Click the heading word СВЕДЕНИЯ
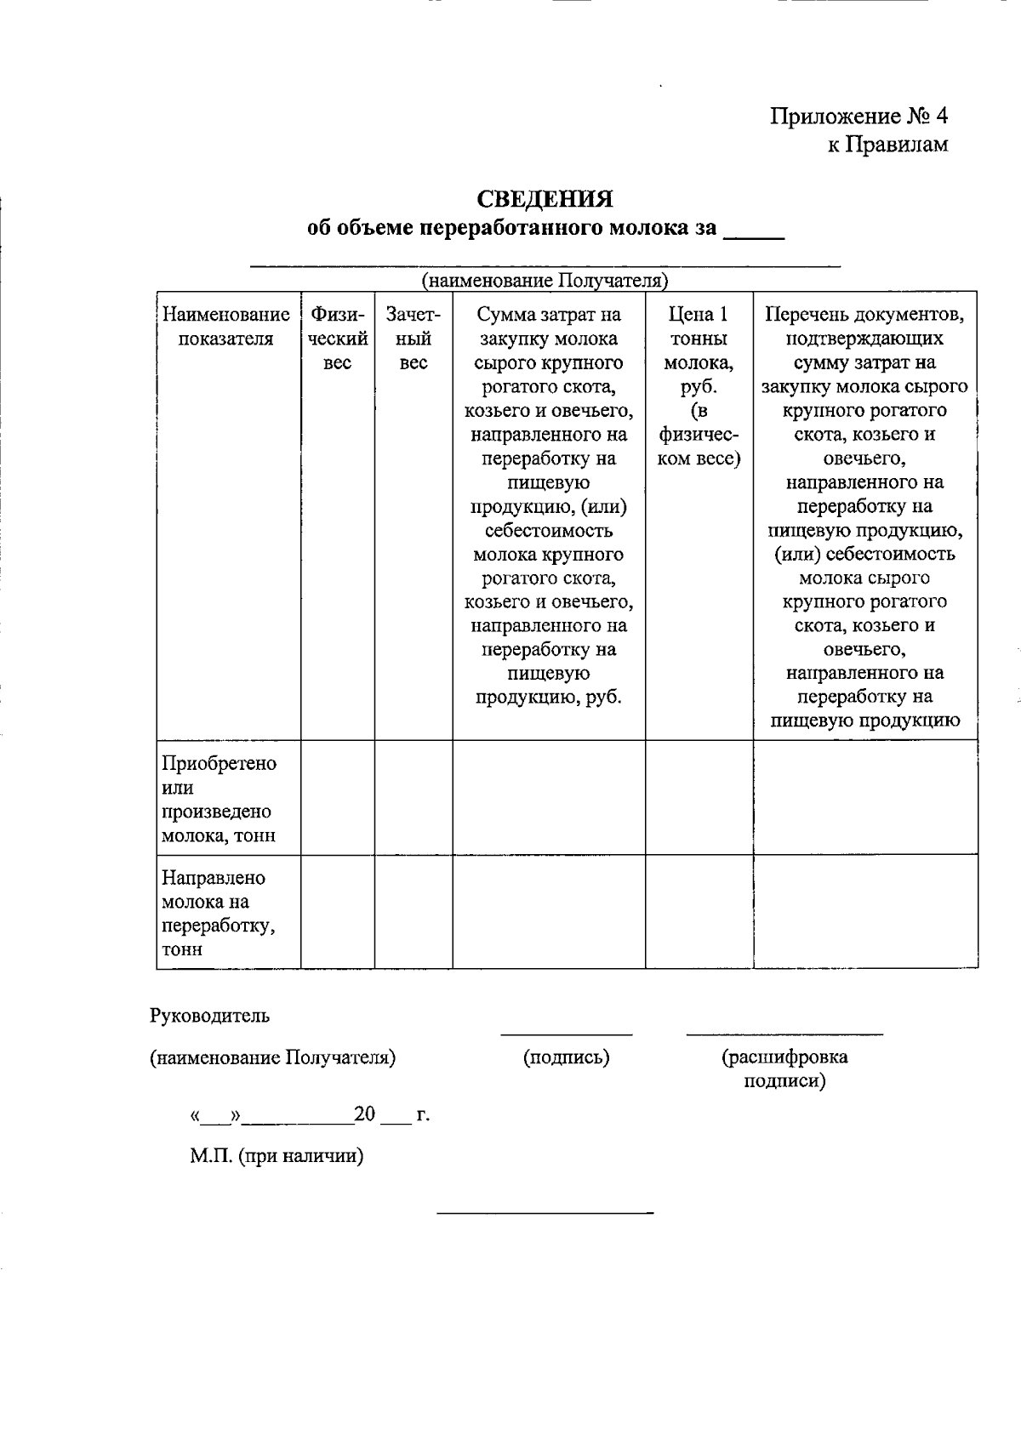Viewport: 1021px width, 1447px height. click(x=545, y=199)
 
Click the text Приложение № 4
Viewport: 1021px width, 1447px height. click(x=858, y=116)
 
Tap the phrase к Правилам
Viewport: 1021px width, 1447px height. click(x=887, y=145)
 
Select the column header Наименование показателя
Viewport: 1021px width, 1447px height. click(x=226, y=328)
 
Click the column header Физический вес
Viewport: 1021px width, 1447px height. click(x=338, y=339)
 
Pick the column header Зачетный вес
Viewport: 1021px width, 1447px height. click(x=413, y=339)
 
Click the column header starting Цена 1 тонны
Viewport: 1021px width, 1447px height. click(x=699, y=387)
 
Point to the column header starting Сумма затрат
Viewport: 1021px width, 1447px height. click(x=548, y=506)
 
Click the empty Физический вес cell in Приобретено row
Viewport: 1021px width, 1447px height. click(x=338, y=797)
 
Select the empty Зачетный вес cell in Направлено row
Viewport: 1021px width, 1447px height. click(x=413, y=912)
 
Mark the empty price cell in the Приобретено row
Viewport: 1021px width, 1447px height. click(x=699, y=797)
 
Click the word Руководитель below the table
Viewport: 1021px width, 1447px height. click(x=210, y=1015)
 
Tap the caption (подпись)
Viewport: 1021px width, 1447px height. click(x=566, y=1057)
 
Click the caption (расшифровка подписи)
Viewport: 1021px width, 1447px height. click(x=784, y=1069)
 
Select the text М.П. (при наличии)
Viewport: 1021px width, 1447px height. click(x=277, y=1156)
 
